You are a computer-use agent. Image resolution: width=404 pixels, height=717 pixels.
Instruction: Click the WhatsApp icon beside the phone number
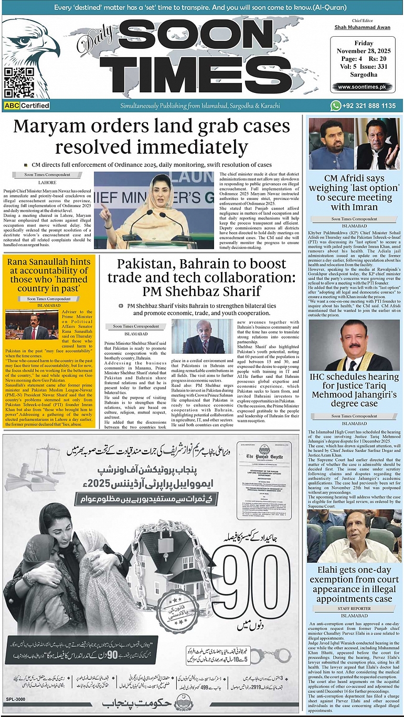336,106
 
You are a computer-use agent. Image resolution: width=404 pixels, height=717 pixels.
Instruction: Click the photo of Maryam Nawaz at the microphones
154,210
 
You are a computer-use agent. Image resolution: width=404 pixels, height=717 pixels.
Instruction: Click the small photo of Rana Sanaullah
25,324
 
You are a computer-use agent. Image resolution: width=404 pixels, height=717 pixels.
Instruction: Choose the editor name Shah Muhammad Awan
362,27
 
